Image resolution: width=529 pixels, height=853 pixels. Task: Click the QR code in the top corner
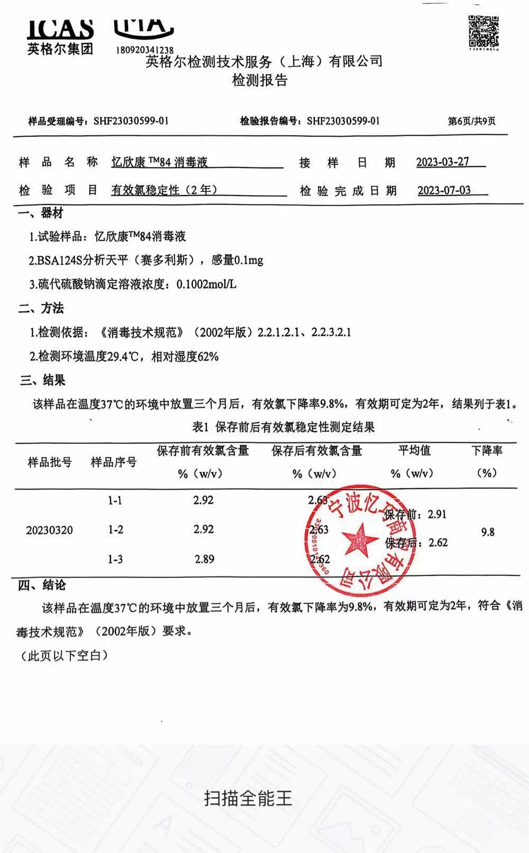tap(484, 33)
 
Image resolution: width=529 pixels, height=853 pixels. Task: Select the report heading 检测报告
tap(259, 80)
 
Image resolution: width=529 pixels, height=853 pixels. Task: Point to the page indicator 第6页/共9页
tap(471, 121)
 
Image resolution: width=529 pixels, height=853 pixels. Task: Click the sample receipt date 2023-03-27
tap(443, 162)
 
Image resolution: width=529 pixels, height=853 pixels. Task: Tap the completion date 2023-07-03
tap(444, 190)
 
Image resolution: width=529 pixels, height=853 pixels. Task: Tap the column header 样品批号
tap(50, 462)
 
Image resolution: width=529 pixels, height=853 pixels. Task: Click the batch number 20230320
tap(50, 530)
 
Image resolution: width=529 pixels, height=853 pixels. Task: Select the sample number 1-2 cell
tap(115, 529)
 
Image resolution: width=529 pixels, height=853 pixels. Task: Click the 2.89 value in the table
tap(204, 559)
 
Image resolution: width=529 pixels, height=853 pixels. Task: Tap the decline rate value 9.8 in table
tap(488, 532)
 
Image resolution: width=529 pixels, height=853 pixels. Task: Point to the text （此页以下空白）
tap(64, 656)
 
